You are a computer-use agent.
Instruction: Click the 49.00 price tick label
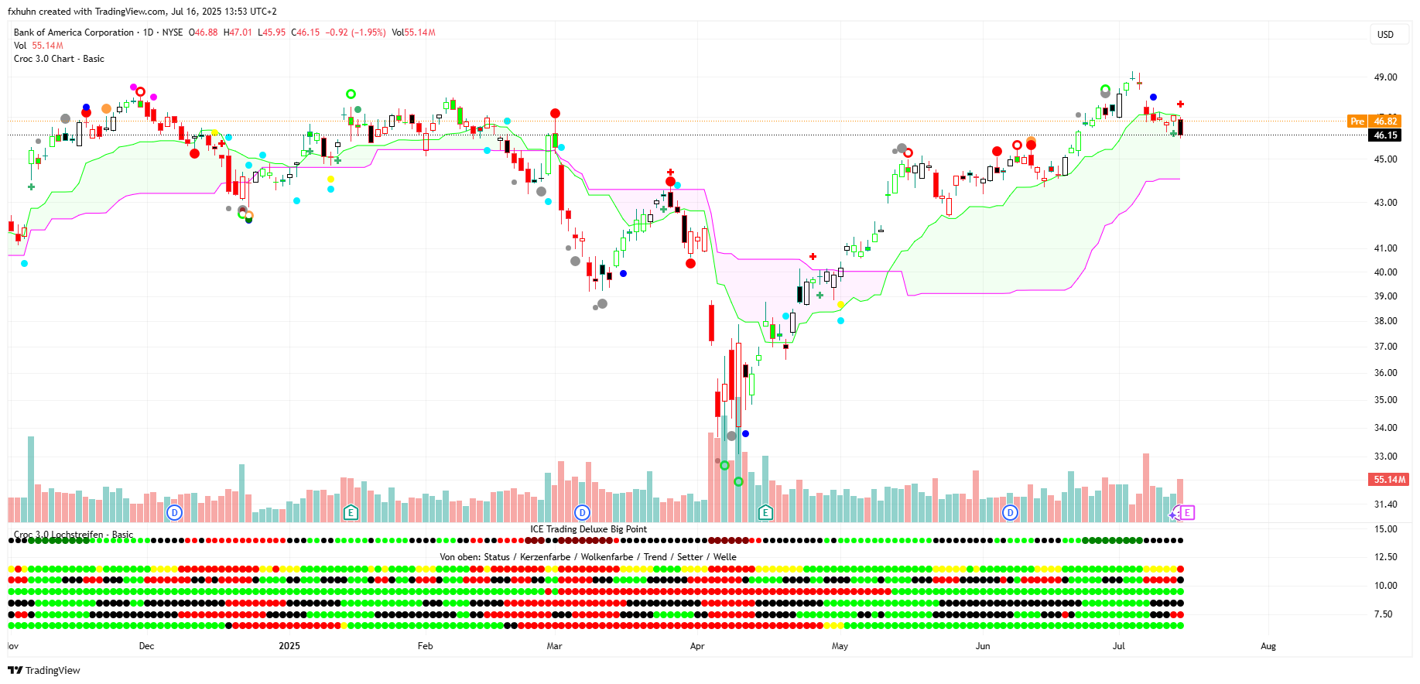coord(1385,77)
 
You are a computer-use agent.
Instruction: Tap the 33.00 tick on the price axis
coord(1385,457)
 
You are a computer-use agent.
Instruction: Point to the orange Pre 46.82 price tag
coord(1375,121)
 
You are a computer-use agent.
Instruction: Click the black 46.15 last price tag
coord(1384,135)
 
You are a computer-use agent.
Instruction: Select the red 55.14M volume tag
coord(1389,480)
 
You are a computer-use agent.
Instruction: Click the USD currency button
coord(1385,35)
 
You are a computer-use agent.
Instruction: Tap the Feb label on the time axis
coord(425,646)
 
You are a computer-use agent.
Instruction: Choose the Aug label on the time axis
coord(1268,646)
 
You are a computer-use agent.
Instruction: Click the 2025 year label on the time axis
coord(289,646)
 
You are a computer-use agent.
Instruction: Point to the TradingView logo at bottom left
coord(44,670)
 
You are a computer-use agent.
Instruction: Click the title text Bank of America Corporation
coord(74,32)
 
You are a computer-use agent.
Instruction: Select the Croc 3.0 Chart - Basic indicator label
coord(59,59)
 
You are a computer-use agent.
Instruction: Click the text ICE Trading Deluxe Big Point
coord(588,529)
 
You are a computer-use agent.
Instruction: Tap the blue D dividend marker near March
coord(582,512)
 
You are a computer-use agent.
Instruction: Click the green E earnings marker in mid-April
coord(765,512)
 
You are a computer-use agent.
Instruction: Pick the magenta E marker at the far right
coord(1187,512)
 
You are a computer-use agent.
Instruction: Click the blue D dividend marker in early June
coord(1010,512)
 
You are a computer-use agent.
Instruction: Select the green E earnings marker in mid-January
coord(351,512)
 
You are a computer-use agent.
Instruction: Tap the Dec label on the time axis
coord(146,646)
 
